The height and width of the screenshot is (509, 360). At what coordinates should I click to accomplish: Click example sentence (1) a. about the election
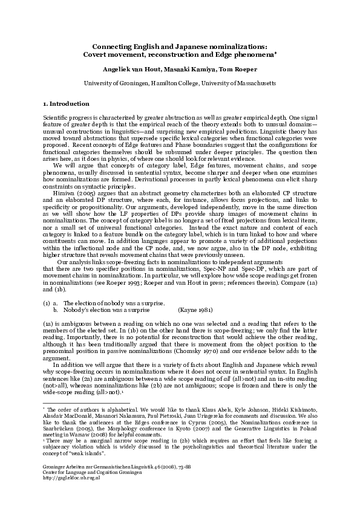click(x=113, y=303)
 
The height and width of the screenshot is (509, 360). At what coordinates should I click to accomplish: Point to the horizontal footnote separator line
click(x=79, y=403)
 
